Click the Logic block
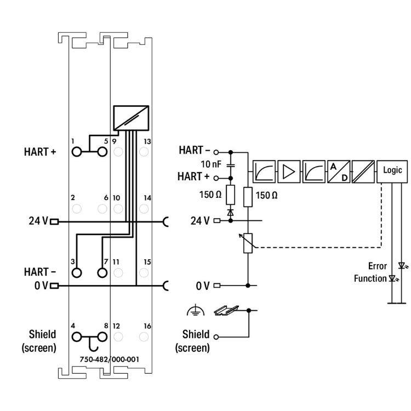392,172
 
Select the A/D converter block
339,172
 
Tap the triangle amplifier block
289,172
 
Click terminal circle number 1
77,152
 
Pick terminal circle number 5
102,152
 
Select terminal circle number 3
77,272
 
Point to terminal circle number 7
102,272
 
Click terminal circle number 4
77,337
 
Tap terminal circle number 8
102,337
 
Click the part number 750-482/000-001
109,359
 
